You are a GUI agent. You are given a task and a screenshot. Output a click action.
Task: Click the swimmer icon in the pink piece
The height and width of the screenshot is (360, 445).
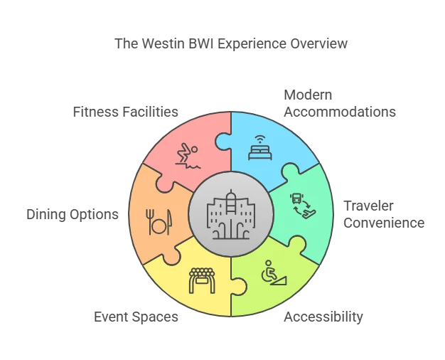point(188,154)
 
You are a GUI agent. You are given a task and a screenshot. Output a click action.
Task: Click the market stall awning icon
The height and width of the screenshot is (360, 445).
point(201,280)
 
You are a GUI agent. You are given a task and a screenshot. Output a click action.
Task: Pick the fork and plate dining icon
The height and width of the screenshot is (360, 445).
point(156,221)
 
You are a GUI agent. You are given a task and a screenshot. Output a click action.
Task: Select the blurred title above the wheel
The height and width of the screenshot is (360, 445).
point(232,44)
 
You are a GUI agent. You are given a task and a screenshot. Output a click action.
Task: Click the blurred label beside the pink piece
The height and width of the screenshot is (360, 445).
point(124,112)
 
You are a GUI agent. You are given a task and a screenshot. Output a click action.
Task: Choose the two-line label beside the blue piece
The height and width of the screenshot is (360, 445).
point(340,103)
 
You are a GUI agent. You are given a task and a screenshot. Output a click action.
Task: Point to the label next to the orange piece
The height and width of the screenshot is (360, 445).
point(70,213)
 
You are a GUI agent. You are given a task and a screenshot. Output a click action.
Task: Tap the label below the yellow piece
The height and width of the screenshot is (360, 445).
point(136,317)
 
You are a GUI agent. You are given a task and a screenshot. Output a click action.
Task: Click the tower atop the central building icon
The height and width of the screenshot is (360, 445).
point(232,197)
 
